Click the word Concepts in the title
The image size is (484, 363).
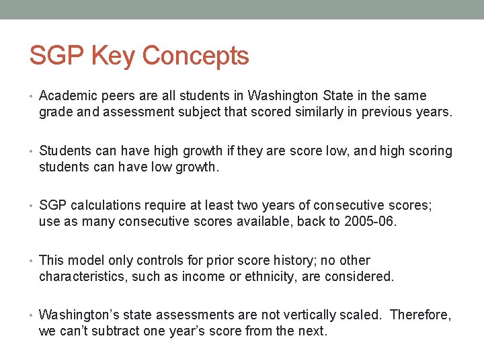[x=196, y=56]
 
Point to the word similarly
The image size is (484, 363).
[x=320, y=112]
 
